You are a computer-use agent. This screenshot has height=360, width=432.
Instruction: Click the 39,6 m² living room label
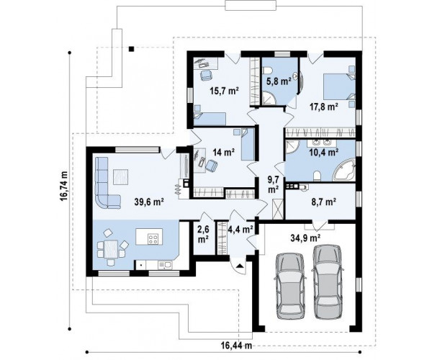(x=149, y=202)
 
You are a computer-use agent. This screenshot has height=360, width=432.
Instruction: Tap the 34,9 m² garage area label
(x=305, y=237)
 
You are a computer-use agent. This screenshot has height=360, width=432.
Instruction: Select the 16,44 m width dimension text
(x=236, y=345)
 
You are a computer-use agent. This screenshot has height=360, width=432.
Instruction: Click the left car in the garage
(x=290, y=285)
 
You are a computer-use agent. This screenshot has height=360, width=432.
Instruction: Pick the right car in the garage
(x=328, y=282)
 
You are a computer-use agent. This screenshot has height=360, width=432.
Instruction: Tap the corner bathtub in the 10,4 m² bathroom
(x=344, y=171)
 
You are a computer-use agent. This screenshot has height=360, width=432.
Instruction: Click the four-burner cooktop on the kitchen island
(x=153, y=239)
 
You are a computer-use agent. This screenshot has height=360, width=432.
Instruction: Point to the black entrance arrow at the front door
(x=240, y=266)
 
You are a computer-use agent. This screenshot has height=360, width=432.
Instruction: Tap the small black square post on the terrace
(x=132, y=49)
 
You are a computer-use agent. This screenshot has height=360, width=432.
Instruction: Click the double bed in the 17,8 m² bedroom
(x=339, y=86)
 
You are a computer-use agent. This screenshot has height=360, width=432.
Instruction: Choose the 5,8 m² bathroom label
(x=279, y=81)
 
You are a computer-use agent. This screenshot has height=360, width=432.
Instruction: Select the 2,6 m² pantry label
(x=203, y=234)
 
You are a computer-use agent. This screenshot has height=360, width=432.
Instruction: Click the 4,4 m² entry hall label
(x=240, y=229)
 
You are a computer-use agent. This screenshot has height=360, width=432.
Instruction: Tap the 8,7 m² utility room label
(x=323, y=202)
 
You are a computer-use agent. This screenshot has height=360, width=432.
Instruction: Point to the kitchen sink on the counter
(x=165, y=265)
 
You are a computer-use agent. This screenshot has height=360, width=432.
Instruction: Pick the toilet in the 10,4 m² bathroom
(x=317, y=176)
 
